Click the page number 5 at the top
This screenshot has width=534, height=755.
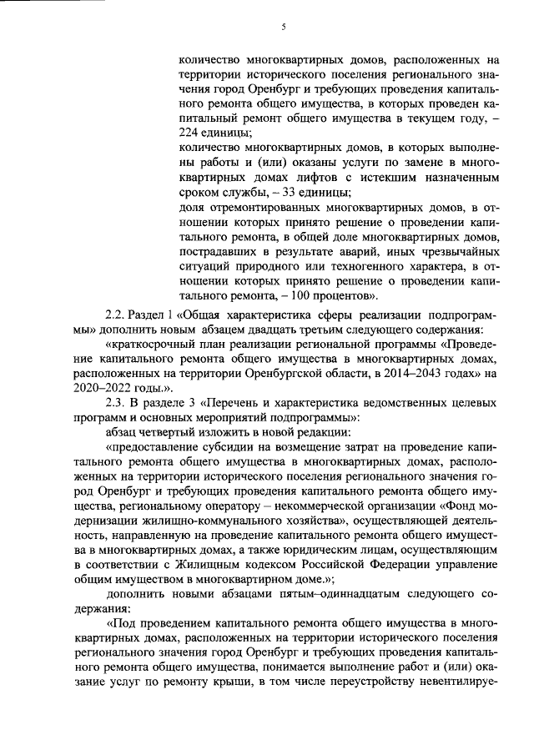point(283,27)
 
